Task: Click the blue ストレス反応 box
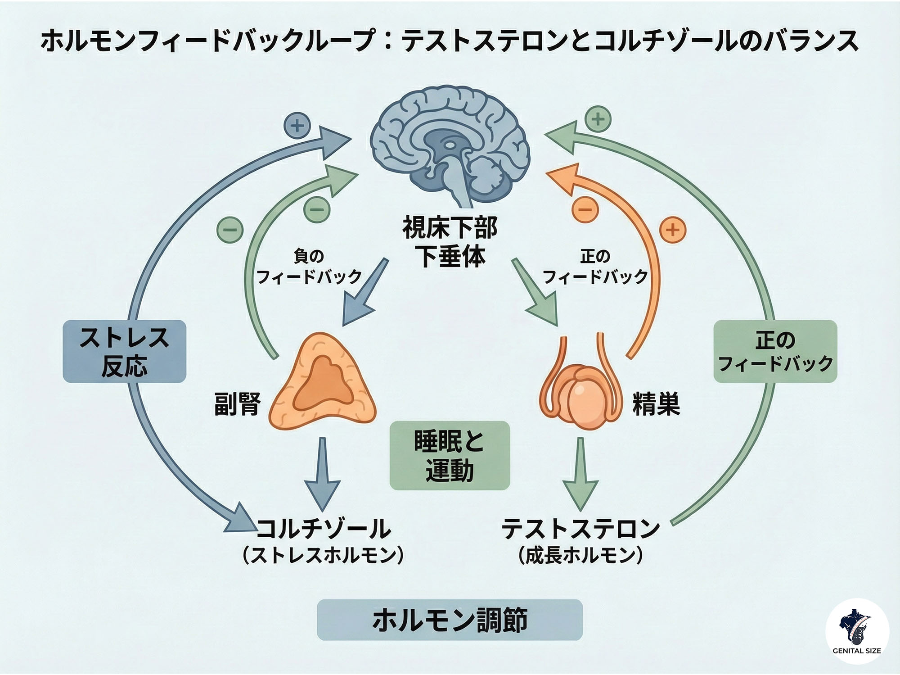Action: point(124,351)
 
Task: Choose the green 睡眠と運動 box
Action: point(449,455)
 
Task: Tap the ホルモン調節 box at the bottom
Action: point(449,620)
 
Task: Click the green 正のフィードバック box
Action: point(775,351)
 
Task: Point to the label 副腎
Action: point(237,403)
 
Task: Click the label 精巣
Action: point(656,403)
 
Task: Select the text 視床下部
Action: point(449,228)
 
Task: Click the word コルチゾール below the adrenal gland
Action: point(323,529)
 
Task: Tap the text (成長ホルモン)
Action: point(580,556)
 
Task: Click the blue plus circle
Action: point(297,126)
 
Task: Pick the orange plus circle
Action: point(672,230)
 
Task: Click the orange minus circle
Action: point(585,210)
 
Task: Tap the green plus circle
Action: point(598,119)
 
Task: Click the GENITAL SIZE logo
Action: point(857,630)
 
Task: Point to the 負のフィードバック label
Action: point(309,267)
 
